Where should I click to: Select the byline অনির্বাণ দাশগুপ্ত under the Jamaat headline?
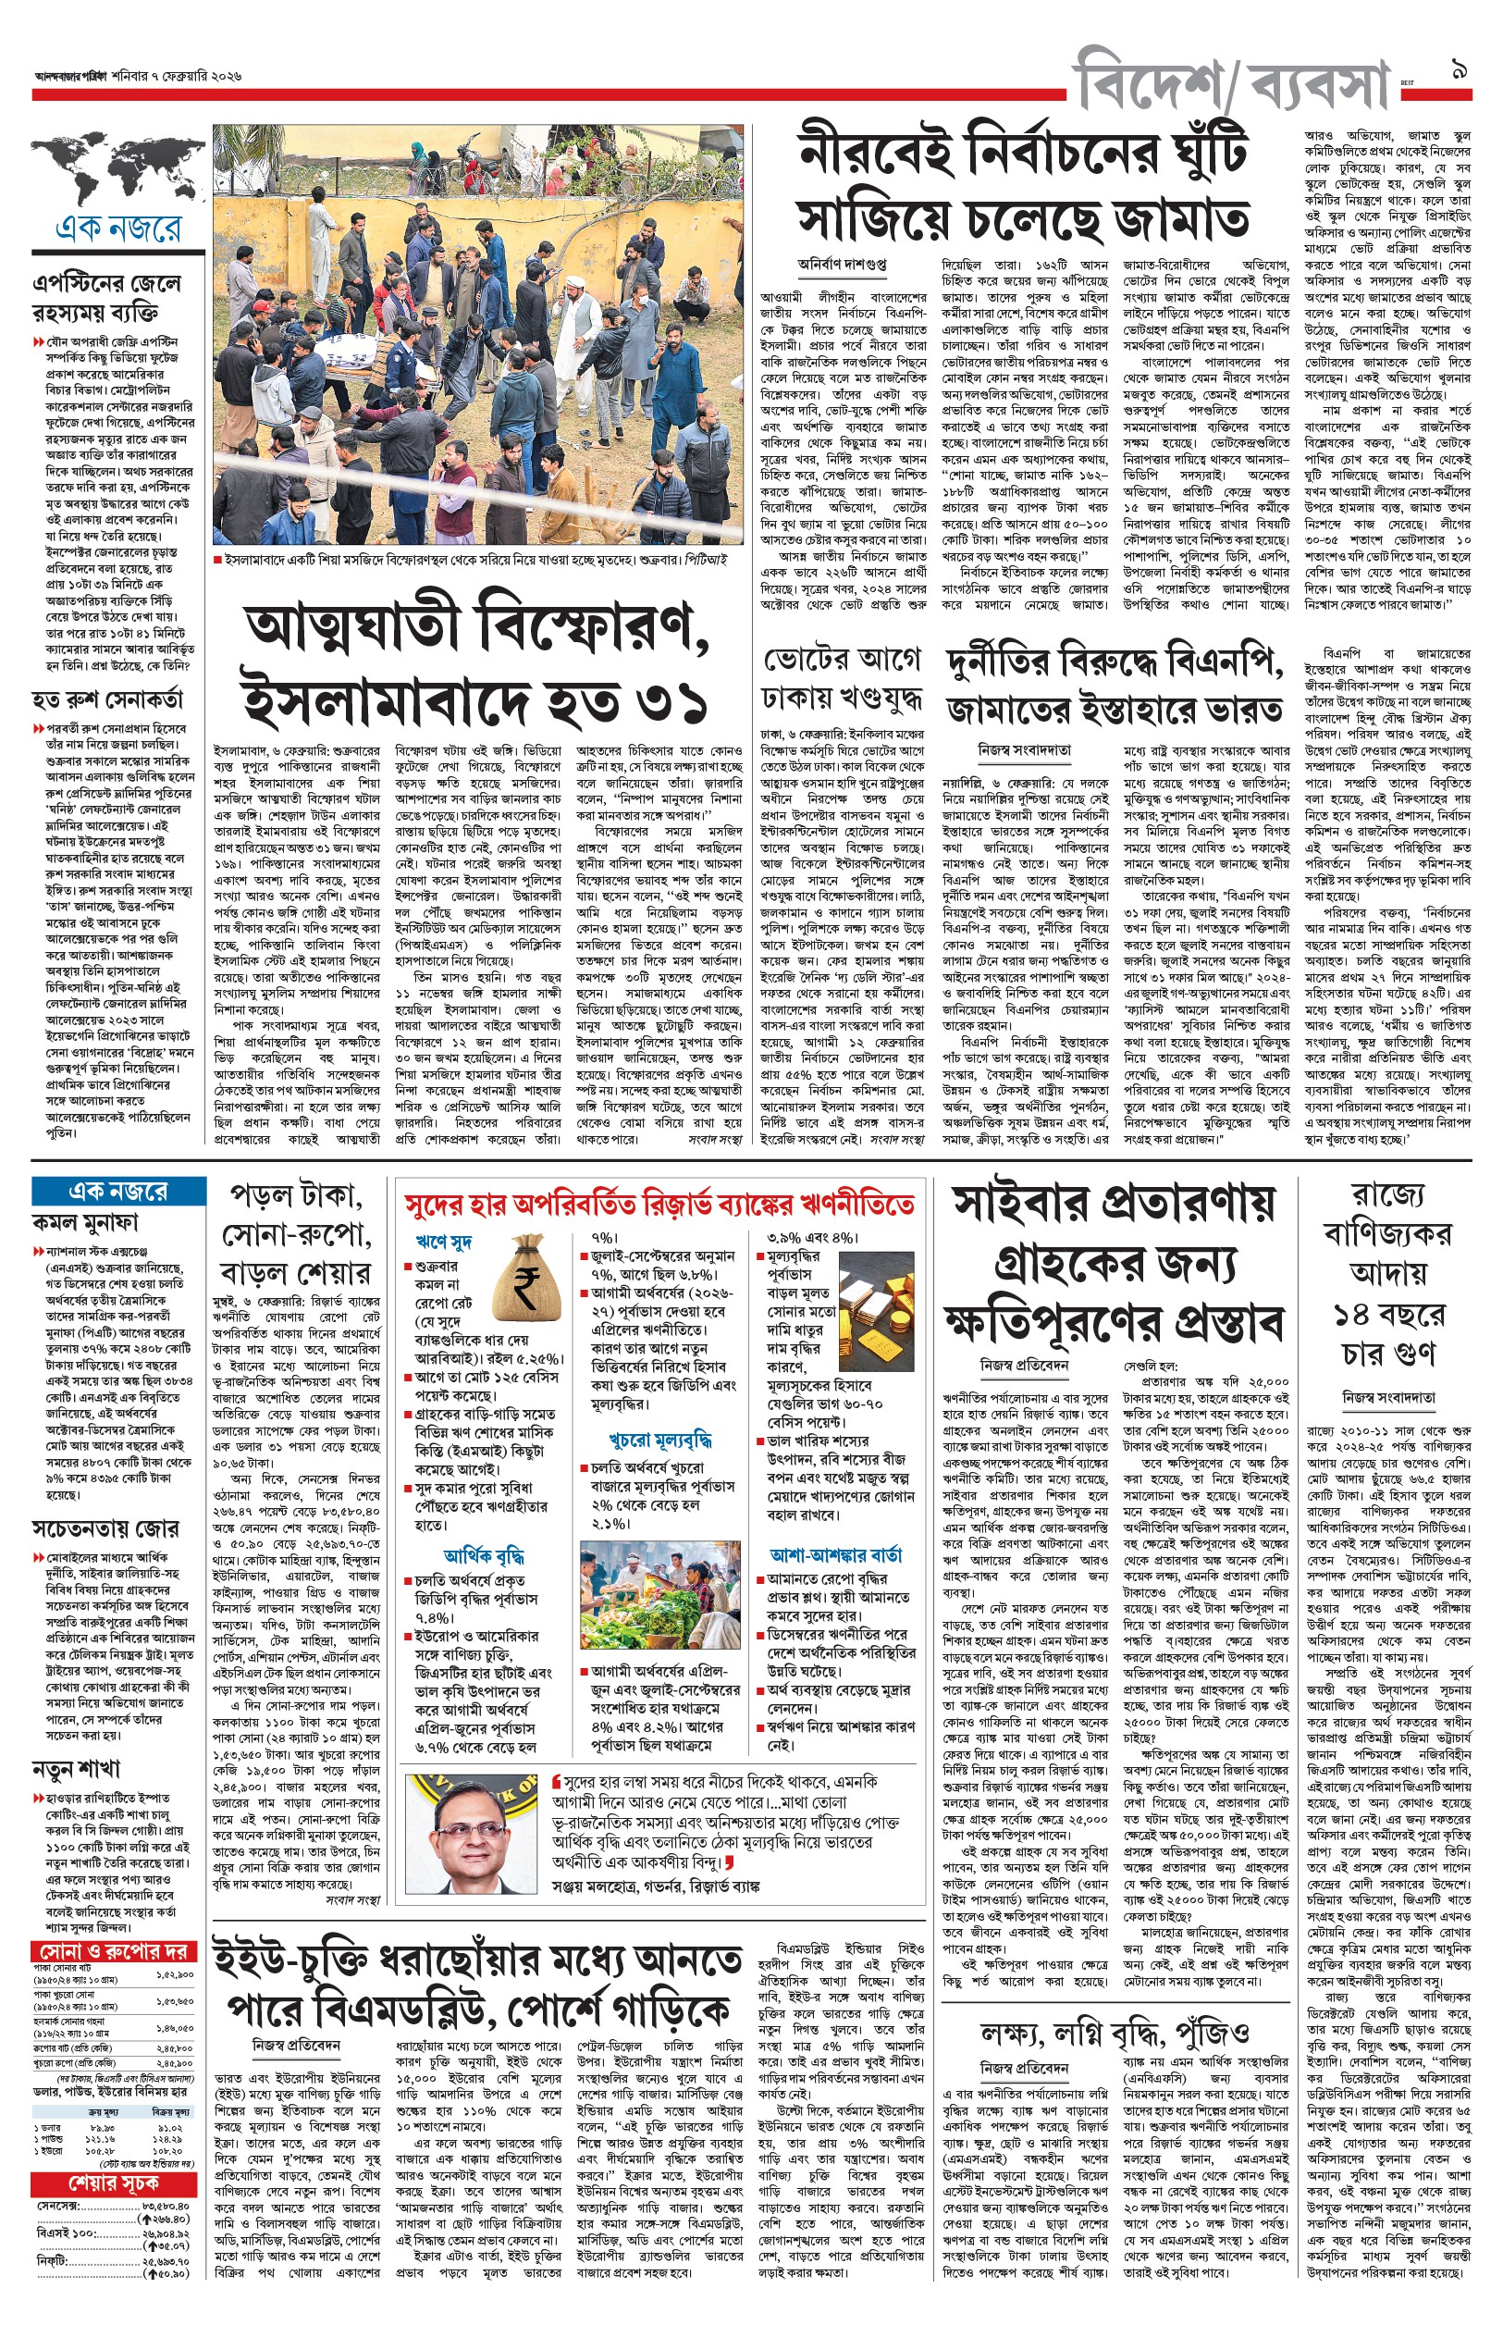click(x=842, y=264)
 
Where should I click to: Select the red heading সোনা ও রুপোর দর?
click(x=116, y=1951)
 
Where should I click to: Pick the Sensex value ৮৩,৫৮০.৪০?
click(x=166, y=2205)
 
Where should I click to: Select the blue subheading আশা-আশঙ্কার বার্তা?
click(x=835, y=1555)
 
